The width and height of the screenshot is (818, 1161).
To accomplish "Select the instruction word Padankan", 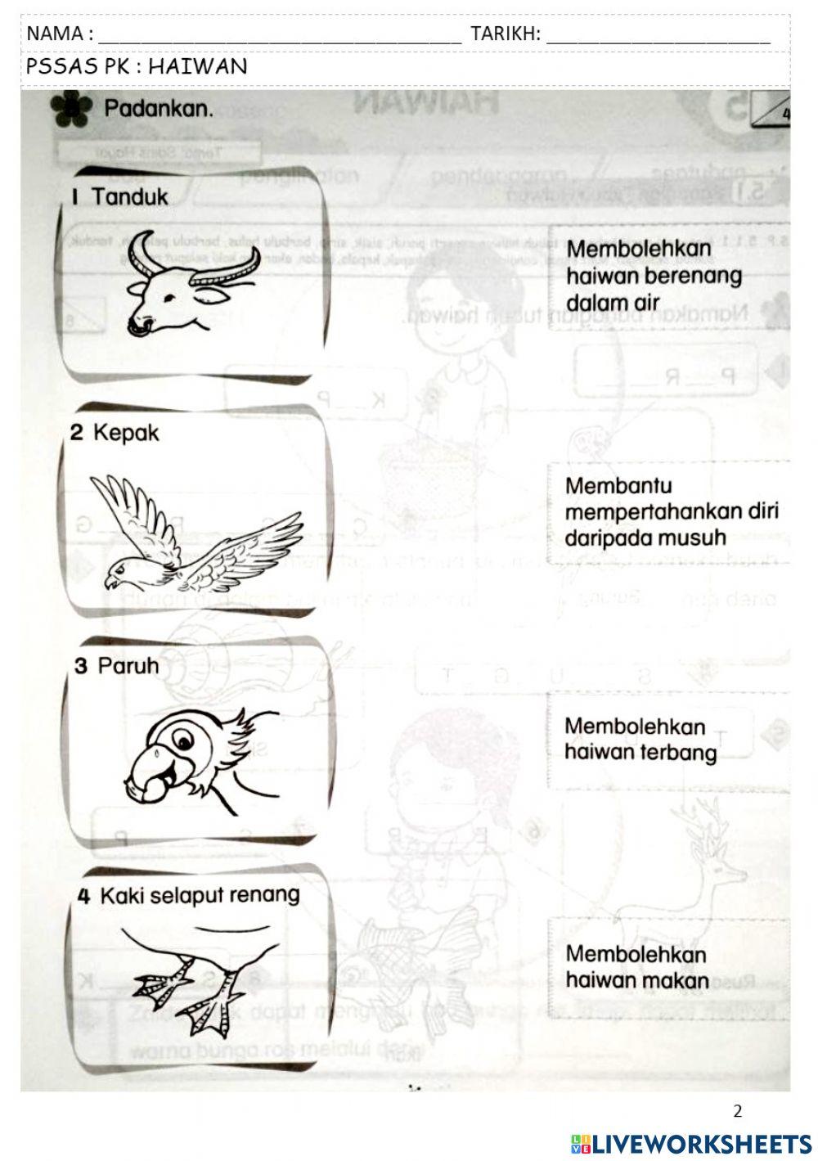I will tap(159, 109).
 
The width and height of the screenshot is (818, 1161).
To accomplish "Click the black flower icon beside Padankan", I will tap(70, 110).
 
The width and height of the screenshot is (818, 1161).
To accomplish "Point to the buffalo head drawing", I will tap(188, 286).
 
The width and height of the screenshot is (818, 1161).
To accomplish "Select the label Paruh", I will tap(128, 665).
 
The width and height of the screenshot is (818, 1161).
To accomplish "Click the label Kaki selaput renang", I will tap(199, 895).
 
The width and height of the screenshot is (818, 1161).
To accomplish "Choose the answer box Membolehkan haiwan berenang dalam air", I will tap(653, 275).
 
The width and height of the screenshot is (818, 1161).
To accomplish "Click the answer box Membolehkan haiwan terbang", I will tap(640, 740).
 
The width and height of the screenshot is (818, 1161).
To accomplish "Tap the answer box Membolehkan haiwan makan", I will tap(636, 967).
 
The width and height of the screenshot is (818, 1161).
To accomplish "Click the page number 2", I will tap(738, 1110).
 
